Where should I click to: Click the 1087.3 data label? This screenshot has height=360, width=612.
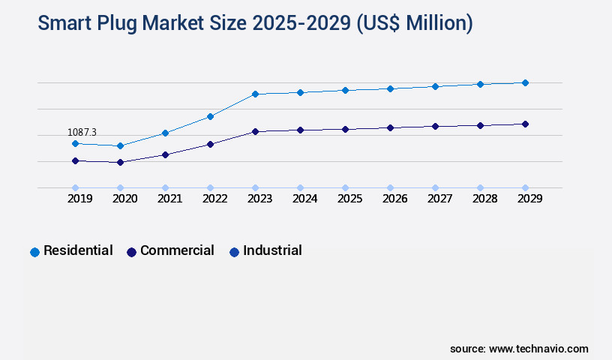(x=82, y=132)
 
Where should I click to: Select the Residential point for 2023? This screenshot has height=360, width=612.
(x=255, y=94)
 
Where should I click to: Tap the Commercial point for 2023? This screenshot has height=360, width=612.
(x=255, y=131)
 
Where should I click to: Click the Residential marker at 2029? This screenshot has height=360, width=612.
(x=525, y=82)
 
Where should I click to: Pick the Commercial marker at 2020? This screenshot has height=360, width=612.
(x=120, y=162)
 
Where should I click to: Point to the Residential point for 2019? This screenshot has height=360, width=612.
(x=75, y=143)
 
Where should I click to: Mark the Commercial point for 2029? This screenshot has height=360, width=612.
(x=525, y=124)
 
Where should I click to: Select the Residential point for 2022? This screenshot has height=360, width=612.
(x=210, y=116)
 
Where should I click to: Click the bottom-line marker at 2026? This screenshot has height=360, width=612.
(x=390, y=187)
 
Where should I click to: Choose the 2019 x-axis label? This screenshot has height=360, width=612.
(x=80, y=199)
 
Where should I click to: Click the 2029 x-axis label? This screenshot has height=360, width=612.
(x=529, y=199)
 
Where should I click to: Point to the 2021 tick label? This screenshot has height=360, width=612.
(x=169, y=199)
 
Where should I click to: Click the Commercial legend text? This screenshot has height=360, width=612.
(x=177, y=250)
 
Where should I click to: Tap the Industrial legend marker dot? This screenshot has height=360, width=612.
(x=234, y=252)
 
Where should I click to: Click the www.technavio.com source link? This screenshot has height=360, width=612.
(x=538, y=349)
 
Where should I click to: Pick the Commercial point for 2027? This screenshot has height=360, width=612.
(x=435, y=126)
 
